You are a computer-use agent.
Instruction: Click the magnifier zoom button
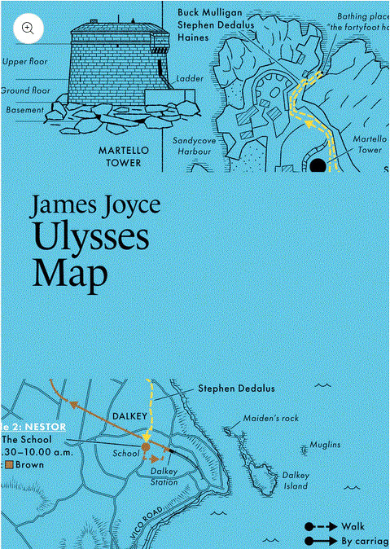[28, 28]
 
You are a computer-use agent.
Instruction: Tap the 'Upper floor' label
[25, 62]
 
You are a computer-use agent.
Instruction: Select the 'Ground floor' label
[25, 90]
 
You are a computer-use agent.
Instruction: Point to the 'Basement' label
[25, 109]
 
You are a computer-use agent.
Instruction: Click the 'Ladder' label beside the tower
[190, 79]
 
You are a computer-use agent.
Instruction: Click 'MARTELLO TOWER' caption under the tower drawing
[120, 156]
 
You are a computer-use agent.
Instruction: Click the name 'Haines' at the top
[195, 38]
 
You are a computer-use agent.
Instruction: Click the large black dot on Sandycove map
[318, 165]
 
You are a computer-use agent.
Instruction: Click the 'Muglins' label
[324, 445]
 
